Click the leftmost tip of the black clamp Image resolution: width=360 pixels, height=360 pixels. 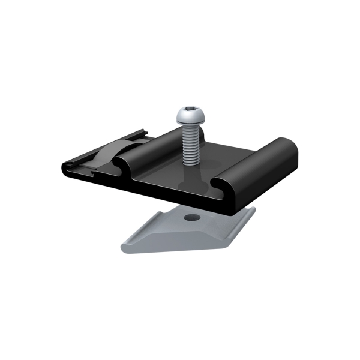tap(64, 167)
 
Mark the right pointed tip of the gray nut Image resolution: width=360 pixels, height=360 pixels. tap(252, 211)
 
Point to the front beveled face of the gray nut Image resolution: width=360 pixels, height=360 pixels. tap(180, 243)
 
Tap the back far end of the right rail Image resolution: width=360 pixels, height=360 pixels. tap(287, 144)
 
